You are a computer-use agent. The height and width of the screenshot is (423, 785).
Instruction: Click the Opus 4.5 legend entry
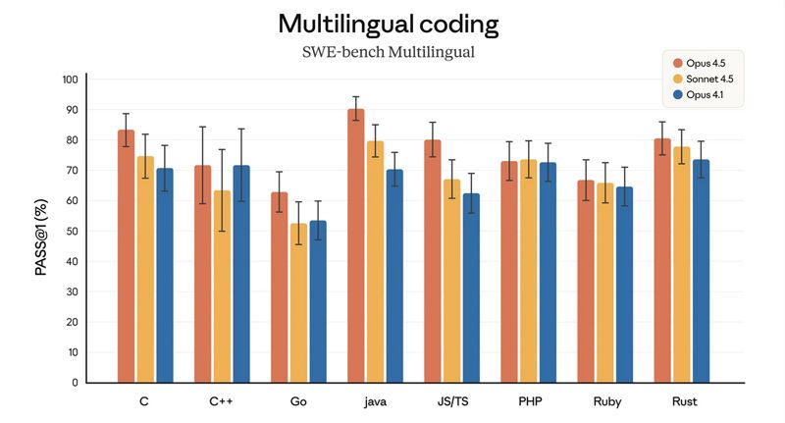(x=706, y=62)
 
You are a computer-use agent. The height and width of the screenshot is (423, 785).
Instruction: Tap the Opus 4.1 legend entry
(x=706, y=94)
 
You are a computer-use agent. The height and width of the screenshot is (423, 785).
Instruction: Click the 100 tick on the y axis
(x=70, y=79)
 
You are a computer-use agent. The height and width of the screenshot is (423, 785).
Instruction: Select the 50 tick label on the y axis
(x=72, y=231)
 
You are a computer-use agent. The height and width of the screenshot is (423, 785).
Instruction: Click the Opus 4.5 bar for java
(x=355, y=245)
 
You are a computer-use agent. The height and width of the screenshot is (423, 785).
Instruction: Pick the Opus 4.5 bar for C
(x=127, y=256)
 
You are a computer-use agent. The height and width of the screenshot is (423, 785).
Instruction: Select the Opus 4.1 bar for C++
(x=241, y=274)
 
